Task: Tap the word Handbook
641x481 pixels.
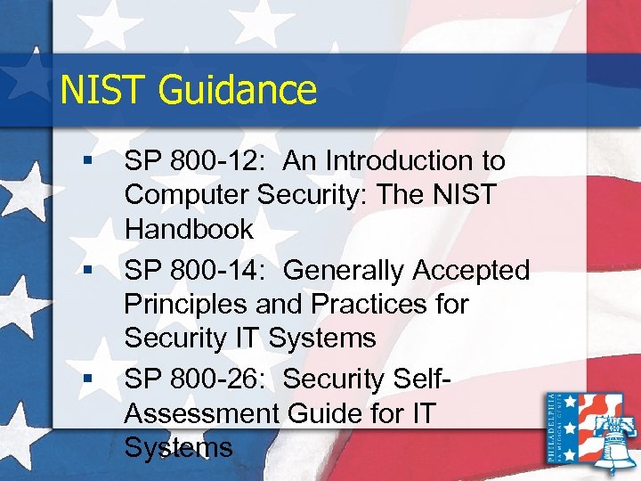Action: [x=190, y=229]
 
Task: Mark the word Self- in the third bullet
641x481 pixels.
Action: [x=420, y=379]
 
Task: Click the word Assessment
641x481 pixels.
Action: [x=201, y=413]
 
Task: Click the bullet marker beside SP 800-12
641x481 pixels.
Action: [x=85, y=161]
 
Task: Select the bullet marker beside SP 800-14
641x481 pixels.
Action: [x=85, y=270]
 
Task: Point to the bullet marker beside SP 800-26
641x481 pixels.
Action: [x=85, y=379]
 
